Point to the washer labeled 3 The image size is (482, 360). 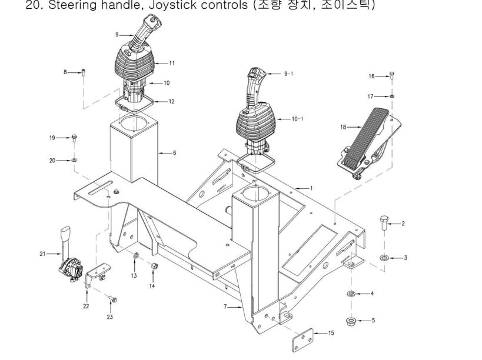384,258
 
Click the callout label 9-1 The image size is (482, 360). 290,74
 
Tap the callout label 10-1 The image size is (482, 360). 297,119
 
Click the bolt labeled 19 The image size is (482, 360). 75,138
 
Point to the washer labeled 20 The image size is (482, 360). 75,159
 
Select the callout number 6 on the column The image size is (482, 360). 174,153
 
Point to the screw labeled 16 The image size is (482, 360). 392,76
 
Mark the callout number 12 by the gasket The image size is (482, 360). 171,102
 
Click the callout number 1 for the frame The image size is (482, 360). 311,188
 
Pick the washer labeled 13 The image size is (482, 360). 135,256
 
